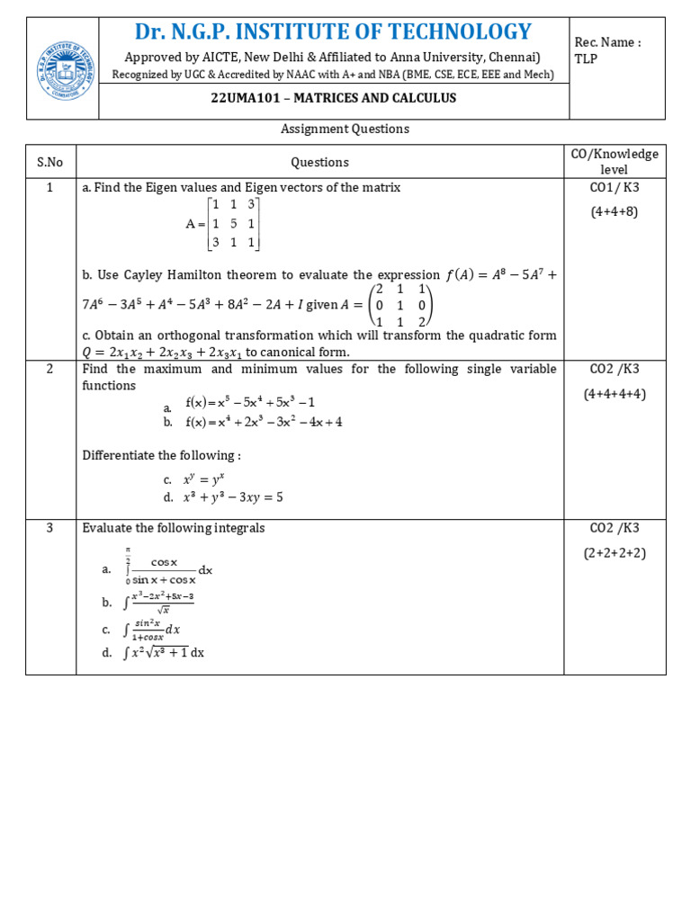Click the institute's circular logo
(x=62, y=68)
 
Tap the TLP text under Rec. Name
(x=586, y=58)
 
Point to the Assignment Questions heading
(x=345, y=129)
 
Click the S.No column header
(x=50, y=162)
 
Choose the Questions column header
(x=319, y=162)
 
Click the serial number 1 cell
(x=50, y=187)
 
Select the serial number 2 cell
(x=50, y=369)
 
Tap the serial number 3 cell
(x=50, y=528)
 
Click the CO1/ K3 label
(x=615, y=187)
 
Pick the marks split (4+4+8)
(x=615, y=211)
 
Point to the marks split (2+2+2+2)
(x=615, y=552)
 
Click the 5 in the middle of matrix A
(x=231, y=223)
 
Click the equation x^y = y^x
(x=202, y=480)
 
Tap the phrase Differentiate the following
(x=161, y=455)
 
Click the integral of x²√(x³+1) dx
(x=164, y=653)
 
